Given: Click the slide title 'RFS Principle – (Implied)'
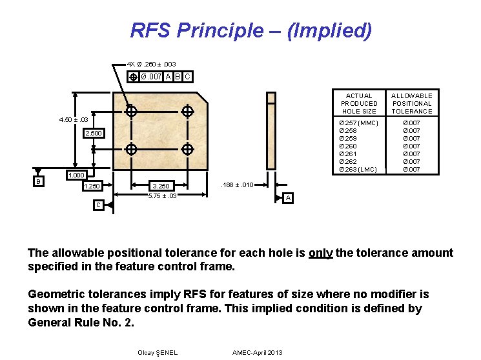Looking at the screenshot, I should pyautogui.click(x=251, y=30).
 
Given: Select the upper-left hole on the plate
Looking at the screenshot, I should pyautogui.click(x=132, y=112).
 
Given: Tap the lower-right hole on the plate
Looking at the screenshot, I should pyautogui.click(x=187, y=150).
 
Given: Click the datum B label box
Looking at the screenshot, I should pyautogui.click(x=38, y=182).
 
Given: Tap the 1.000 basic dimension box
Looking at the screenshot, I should pyautogui.click(x=77, y=175).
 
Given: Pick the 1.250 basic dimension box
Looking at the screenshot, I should pyautogui.click(x=92, y=186).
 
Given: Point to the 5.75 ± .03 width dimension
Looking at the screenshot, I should pyautogui.click(x=162, y=195).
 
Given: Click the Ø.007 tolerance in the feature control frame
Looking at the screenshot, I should pyautogui.click(x=151, y=77).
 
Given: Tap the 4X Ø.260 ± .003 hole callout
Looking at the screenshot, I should pyautogui.click(x=151, y=65).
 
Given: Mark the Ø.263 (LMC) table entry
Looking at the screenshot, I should pyautogui.click(x=358, y=169).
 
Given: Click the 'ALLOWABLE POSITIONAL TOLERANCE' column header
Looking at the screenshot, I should pyautogui.click(x=412, y=103).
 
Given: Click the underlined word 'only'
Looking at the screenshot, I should pyautogui.click(x=320, y=253).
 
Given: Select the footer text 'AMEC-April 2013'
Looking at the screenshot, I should pyautogui.click(x=257, y=352).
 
